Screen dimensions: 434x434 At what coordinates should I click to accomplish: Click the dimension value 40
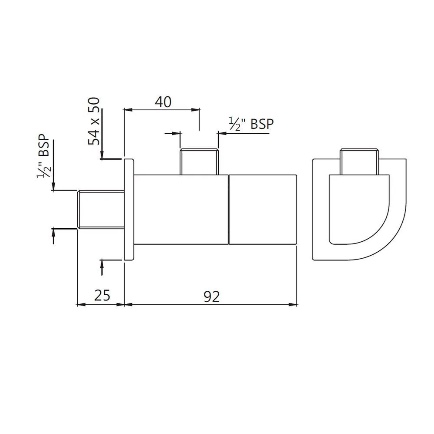click(x=163, y=102)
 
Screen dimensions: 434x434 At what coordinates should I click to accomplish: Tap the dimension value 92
click(x=212, y=297)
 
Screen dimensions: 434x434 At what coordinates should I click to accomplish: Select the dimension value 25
click(x=102, y=295)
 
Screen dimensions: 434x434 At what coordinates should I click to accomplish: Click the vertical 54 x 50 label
click(x=94, y=121)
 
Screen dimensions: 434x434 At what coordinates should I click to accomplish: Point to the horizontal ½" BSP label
click(x=251, y=124)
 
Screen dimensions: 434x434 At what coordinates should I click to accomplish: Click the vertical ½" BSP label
click(x=43, y=156)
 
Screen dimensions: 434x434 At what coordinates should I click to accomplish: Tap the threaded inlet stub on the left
click(x=101, y=210)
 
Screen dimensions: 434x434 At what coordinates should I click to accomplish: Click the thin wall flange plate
click(x=129, y=210)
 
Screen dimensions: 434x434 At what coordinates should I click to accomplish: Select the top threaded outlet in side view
click(x=199, y=162)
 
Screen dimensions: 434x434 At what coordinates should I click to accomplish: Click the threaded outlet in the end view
click(x=359, y=162)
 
